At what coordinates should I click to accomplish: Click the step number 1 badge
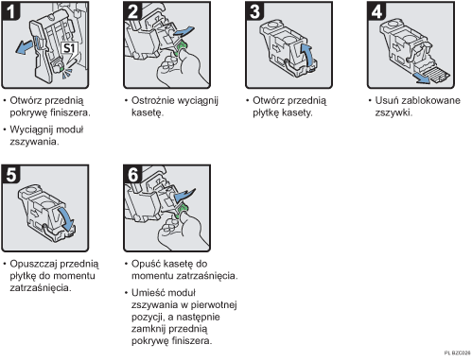point(12,12)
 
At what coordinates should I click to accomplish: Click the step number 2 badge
point(133,12)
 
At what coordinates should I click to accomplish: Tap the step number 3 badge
point(253,12)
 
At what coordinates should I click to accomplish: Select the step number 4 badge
point(374,12)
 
